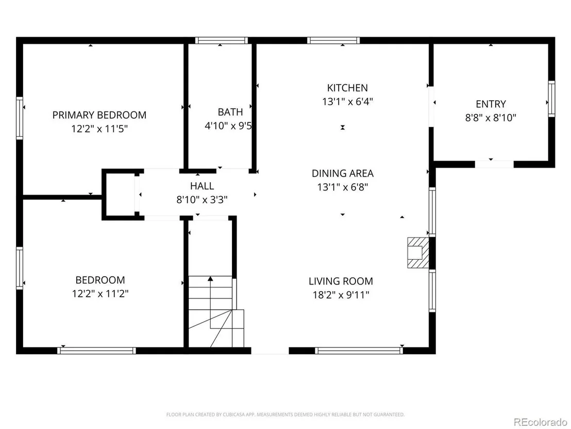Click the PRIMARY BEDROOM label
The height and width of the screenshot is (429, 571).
(99, 115)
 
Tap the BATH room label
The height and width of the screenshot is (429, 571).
(230, 112)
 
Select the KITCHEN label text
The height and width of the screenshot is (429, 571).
(347, 88)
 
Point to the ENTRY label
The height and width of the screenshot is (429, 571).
(491, 104)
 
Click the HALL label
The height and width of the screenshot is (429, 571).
(202, 186)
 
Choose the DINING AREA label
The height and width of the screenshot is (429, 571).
(343, 173)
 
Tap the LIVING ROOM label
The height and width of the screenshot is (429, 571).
(341, 281)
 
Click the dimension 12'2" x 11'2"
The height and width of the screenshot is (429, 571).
(100, 294)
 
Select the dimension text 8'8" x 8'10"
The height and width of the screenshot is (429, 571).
(491, 118)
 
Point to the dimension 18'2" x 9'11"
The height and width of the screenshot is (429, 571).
(341, 295)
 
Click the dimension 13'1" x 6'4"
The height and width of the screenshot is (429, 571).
(347, 101)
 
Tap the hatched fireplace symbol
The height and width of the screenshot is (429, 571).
(418, 253)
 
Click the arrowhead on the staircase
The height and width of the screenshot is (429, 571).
(210, 279)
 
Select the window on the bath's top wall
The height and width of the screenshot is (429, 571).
(222, 40)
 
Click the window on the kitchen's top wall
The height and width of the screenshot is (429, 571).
(333, 40)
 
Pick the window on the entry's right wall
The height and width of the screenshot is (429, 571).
(552, 99)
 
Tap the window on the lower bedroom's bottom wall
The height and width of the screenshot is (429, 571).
(96, 351)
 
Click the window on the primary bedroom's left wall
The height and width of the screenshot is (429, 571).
(19, 118)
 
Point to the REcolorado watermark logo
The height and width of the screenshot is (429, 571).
(541, 422)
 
